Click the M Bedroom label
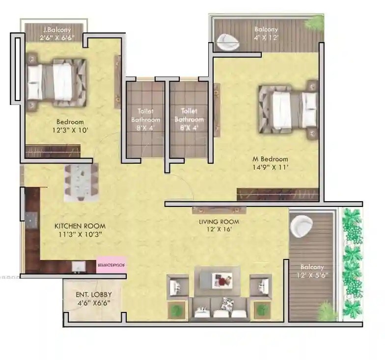(270, 159)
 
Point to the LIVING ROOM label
(219, 222)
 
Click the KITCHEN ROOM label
(80, 226)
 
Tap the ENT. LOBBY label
(93, 294)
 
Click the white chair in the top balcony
(227, 42)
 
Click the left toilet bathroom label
(145, 115)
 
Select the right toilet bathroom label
(189, 115)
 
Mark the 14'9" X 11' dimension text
(270, 167)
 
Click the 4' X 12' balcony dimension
(266, 37)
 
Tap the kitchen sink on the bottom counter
(78, 266)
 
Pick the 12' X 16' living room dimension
(219, 229)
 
